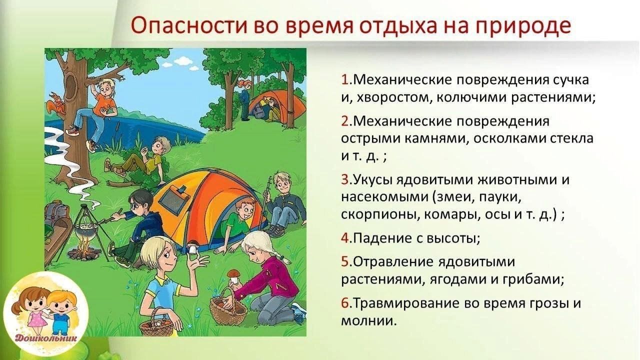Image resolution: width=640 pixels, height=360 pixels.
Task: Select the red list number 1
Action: tap(345, 80)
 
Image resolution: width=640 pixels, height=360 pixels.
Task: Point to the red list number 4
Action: tap(345, 238)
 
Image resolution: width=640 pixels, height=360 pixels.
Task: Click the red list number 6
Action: tap(345, 303)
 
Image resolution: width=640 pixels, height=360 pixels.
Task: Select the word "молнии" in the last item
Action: tap(368, 321)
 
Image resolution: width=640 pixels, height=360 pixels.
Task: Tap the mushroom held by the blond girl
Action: tap(193, 247)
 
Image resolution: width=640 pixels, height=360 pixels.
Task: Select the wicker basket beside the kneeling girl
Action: tap(228, 308)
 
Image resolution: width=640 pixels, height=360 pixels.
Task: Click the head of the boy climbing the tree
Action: tap(105, 85)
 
